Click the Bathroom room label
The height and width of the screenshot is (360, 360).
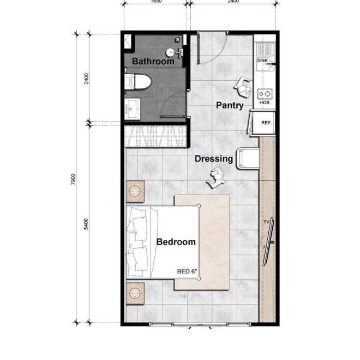153,62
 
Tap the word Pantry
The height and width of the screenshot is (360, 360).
229,106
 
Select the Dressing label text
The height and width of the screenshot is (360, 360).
214,159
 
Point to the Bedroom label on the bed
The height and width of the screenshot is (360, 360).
176,242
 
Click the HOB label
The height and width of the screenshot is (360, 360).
264,103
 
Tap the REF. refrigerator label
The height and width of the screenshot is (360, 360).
266,123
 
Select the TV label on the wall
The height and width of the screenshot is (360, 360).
267,221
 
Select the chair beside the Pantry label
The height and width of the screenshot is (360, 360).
243,86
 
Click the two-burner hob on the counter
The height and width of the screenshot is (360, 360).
265,93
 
